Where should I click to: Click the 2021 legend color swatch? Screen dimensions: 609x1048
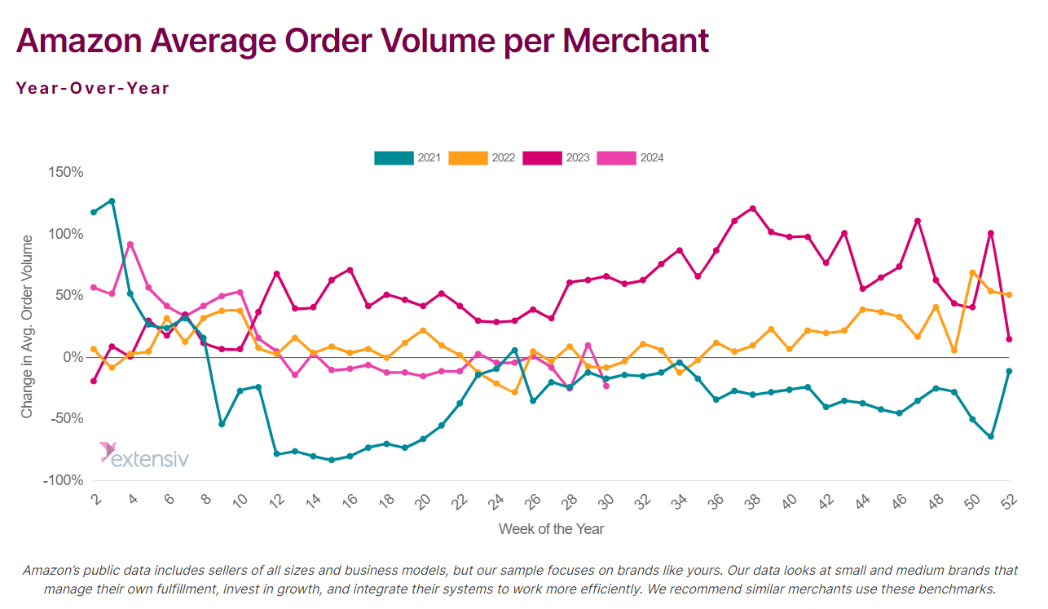point(394,158)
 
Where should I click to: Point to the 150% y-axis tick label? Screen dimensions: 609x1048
point(65,172)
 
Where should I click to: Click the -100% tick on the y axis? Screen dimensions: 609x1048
point(63,480)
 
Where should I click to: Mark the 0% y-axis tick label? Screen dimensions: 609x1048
point(72,357)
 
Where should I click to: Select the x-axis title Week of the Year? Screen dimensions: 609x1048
point(551,529)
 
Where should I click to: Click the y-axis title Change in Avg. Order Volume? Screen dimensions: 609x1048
point(28,326)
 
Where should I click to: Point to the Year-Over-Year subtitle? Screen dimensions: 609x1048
point(92,88)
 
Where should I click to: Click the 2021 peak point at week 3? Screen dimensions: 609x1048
point(112,201)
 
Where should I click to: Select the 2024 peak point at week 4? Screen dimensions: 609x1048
point(130,244)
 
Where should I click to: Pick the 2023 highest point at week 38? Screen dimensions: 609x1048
point(753,209)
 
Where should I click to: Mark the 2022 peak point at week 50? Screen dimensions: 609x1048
point(973,272)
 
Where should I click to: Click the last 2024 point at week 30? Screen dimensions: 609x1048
point(606,386)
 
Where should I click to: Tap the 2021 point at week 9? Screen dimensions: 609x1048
point(222,424)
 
